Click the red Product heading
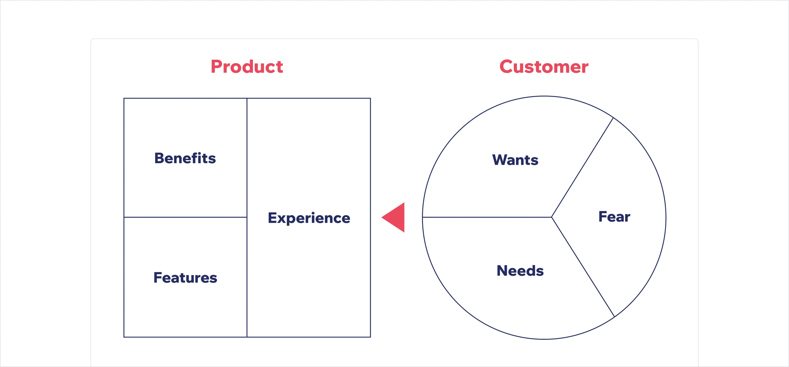247,66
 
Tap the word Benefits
185,158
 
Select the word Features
185,278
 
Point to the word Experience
309,218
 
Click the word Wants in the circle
515,160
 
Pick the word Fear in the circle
614,217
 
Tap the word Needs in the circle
520,271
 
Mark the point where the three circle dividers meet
552,217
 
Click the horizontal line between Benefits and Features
185,217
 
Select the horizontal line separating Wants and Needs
487,217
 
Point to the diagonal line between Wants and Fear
583,167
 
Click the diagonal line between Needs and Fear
583,267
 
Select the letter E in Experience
273,218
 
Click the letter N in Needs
502,271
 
